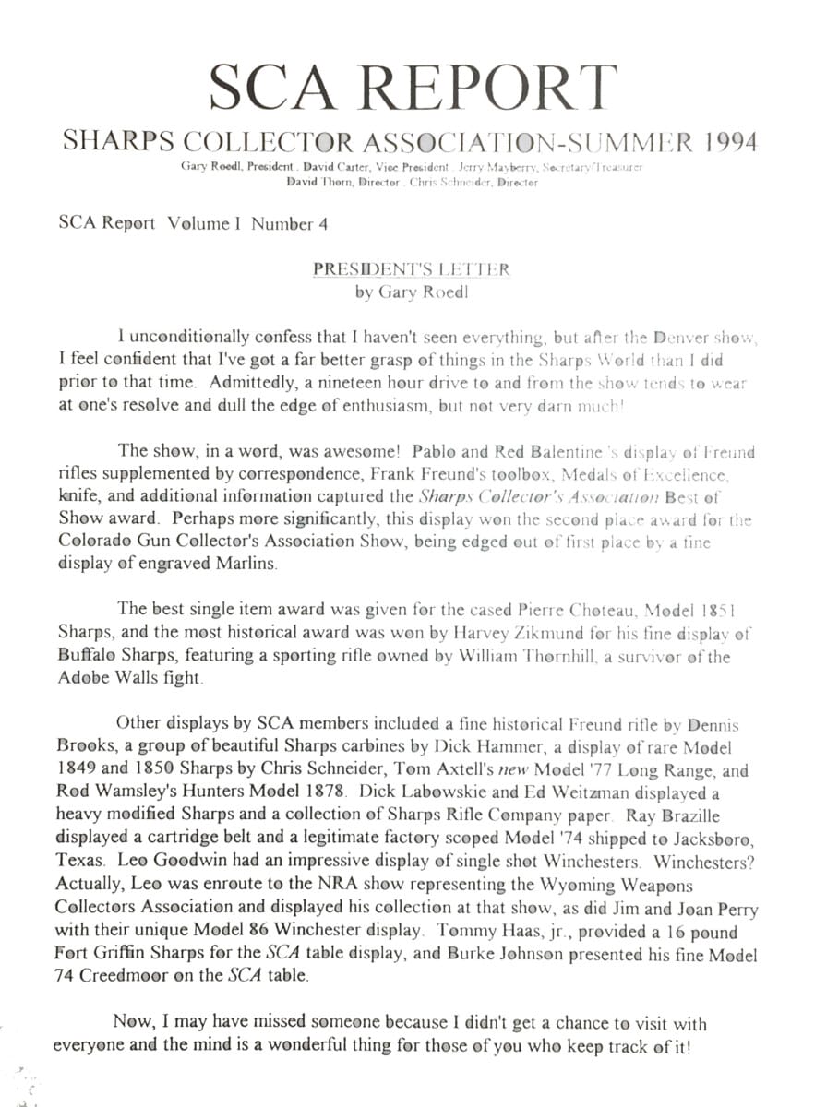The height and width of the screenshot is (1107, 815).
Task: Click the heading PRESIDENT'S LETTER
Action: tap(411, 269)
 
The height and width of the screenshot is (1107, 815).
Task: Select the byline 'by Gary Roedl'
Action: tap(411, 293)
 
